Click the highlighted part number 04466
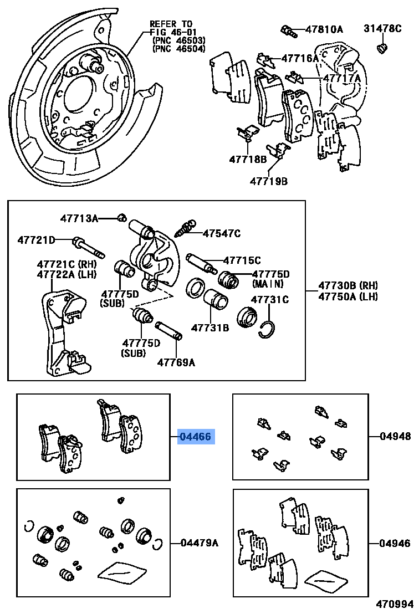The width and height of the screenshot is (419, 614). tap(195, 437)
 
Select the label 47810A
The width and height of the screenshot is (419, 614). tap(324, 29)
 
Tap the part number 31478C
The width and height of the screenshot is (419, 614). tap(382, 29)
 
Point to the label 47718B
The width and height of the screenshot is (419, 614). tap(248, 159)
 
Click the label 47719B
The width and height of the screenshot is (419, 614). tap(268, 181)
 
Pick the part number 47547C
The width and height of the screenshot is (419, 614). tap(222, 233)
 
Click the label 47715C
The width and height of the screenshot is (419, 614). tap(242, 259)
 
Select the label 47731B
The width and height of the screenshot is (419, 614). tap(210, 328)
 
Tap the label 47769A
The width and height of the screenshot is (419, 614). tap(176, 362)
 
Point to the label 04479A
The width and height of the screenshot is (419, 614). tap(199, 543)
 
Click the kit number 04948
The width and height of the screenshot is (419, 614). tap(395, 436)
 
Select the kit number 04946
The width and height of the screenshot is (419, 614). tap(395, 543)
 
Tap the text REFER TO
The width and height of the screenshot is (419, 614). tap(171, 24)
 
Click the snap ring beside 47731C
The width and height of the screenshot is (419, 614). tap(267, 331)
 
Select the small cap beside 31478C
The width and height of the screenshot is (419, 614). tap(382, 48)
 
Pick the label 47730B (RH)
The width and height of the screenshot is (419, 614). tap(348, 285)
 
